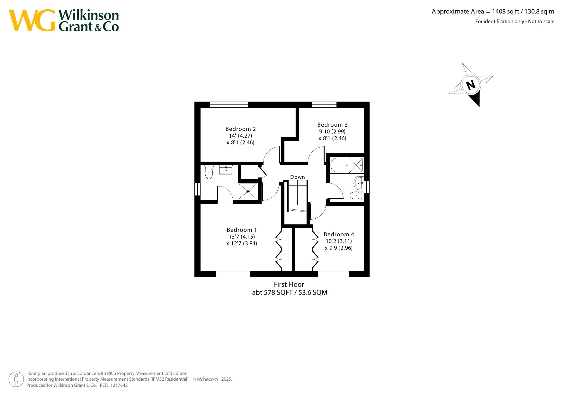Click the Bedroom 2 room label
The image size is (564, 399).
click(x=241, y=129)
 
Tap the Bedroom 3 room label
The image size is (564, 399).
click(x=332, y=125)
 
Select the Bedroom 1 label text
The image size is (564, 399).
click(x=242, y=230)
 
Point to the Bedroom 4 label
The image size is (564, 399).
click(x=339, y=234)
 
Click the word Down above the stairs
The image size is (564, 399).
click(x=298, y=177)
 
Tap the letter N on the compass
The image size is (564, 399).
click(x=471, y=85)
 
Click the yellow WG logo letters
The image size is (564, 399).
click(x=32, y=21)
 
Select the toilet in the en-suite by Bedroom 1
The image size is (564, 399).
click(x=209, y=172)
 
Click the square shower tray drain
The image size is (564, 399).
click(x=248, y=191)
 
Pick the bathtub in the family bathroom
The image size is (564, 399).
click(x=347, y=165)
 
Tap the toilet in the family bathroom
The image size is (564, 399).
click(x=357, y=195)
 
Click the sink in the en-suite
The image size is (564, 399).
click(x=226, y=170)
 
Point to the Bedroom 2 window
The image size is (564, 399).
click(x=229, y=104)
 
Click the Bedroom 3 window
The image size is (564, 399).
click(x=324, y=104)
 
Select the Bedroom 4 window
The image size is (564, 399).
click(x=334, y=274)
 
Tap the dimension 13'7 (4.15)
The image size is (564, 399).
click(x=242, y=237)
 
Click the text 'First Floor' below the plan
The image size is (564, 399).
click(x=289, y=285)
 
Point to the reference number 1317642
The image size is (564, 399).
click(x=119, y=385)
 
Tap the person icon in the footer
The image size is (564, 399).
click(x=16, y=379)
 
